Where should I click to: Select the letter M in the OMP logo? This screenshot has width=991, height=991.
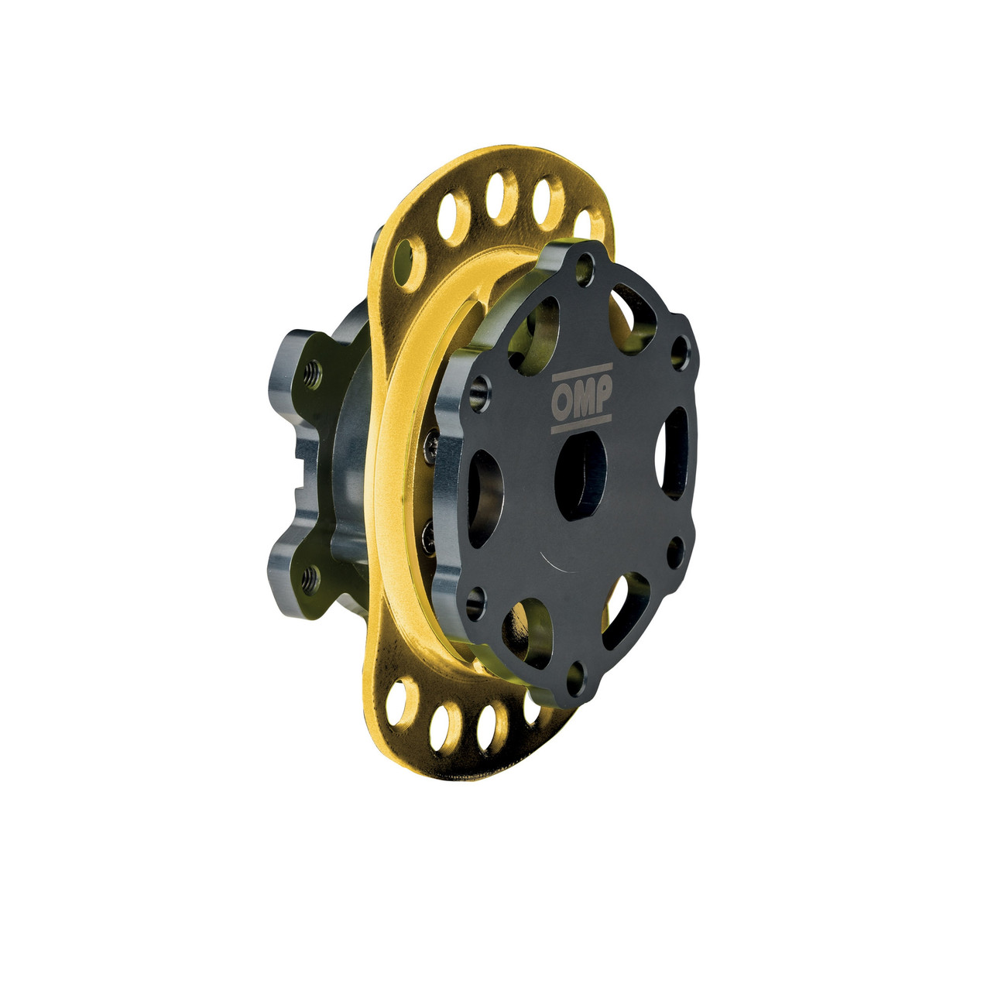point(581,399)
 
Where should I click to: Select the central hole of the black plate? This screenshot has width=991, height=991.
point(582,475)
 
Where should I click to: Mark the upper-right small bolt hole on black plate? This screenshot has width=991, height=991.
point(680,351)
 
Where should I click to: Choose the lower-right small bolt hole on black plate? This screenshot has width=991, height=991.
point(675,552)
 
